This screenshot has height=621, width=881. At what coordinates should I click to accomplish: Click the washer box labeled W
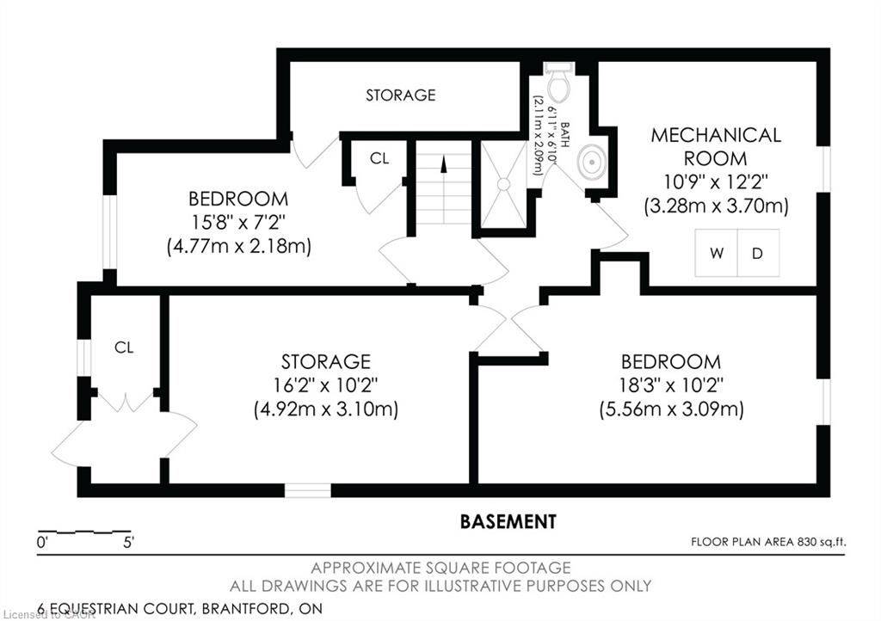717,254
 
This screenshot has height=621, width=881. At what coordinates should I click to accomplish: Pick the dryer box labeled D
758,254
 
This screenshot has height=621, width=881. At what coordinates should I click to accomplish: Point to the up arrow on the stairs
444,164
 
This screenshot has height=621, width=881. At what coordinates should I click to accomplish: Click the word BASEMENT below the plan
508,521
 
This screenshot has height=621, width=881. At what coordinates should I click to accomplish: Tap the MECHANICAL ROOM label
716,147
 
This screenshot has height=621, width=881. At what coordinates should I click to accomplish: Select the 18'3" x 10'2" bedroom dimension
672,384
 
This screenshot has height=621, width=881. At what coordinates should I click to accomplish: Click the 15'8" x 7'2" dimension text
239,222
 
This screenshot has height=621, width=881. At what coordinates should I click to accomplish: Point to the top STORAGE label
401,95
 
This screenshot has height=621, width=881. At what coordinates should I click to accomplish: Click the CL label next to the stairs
379,158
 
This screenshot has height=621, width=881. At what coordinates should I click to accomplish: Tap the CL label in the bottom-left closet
125,347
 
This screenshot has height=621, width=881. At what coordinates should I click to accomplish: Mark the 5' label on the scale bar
128,543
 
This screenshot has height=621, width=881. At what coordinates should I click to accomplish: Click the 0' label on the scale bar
42,543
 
